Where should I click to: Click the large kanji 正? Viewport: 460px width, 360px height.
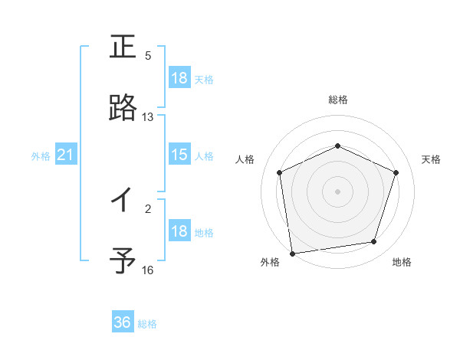coord(123,47)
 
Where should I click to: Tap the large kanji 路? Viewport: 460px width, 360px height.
coord(123,109)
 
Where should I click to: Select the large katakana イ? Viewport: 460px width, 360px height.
coord(123,201)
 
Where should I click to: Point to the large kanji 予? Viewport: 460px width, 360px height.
coord(123,261)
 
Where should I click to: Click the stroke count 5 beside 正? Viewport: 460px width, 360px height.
coord(148,56)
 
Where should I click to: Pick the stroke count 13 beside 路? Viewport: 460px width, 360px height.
coord(148,117)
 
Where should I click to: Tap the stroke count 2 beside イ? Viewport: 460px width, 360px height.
coord(148,208)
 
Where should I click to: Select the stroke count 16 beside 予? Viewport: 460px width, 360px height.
coord(148,270)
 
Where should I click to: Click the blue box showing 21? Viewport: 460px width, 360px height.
coord(65,155)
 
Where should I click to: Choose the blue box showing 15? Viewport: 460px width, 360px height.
coord(179,155)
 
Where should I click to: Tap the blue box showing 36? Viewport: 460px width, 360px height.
coord(123,322)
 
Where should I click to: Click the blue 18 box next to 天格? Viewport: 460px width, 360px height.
coord(179,78)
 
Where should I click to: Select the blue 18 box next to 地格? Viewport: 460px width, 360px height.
coord(179,231)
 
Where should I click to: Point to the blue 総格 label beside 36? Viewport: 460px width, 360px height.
coord(147,324)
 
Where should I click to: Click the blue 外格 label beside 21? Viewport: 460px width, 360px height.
coord(41,156)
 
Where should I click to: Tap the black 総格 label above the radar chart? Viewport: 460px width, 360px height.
coord(338,100)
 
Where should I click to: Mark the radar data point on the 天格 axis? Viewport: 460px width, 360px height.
coord(396,172)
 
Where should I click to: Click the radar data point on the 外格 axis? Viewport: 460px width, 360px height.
coord(292,253)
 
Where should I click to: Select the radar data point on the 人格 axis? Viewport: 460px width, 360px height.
coord(280,172)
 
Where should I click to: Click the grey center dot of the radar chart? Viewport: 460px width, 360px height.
coord(338,191)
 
